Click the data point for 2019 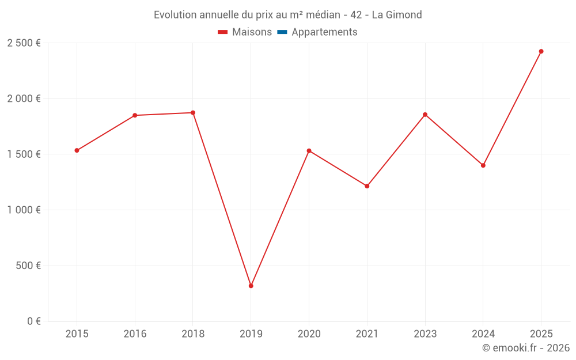[251, 286]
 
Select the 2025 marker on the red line [541, 51]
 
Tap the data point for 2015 [77, 150]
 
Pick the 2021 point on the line [367, 186]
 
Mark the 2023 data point [425, 115]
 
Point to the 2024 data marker [483, 165]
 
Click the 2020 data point [309, 151]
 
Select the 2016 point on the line [135, 115]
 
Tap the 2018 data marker [193, 113]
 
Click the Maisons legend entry [245, 32]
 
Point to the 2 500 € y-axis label [24, 43]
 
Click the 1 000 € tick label [24, 210]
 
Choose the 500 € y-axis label [28, 266]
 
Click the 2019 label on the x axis [251, 334]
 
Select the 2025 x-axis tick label [541, 334]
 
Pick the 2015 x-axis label [77, 334]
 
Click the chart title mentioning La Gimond [288, 14]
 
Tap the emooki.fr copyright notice [526, 348]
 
